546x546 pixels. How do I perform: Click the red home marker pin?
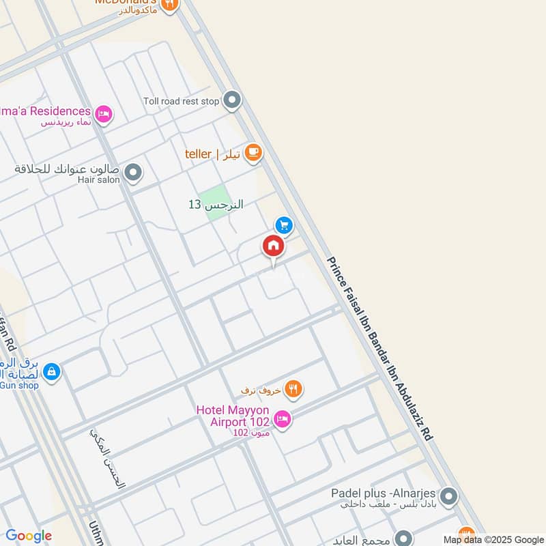[273, 246]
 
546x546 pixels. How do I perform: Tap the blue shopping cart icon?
[284, 225]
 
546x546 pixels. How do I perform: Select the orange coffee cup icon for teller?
[253, 153]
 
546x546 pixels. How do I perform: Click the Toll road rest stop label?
[182, 102]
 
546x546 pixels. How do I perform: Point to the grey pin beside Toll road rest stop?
[233, 101]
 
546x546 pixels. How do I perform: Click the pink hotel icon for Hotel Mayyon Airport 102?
[283, 418]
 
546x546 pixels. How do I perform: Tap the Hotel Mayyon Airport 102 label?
[232, 416]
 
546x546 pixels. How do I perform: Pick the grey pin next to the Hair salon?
[134, 173]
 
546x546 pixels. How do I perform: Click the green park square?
[215, 203]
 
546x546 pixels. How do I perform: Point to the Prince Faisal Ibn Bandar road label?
[379, 348]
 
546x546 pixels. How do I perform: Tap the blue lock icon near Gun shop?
[51, 372]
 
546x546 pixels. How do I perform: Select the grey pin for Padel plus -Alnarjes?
[448, 496]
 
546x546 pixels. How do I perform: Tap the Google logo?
[29, 536]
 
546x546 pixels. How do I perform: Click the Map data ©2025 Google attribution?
[493, 538]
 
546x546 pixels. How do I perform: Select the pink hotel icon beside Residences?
[104, 114]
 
